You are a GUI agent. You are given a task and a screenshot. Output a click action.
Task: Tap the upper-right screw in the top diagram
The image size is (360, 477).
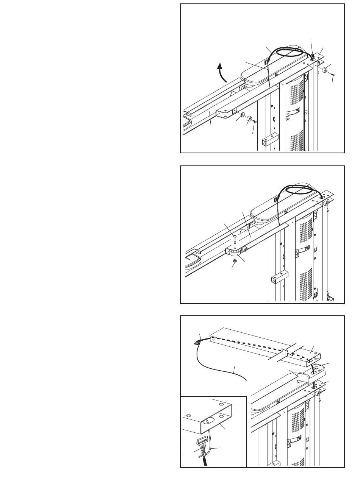[333, 76]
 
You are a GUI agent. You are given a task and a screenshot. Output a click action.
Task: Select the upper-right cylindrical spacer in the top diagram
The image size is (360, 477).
[325, 70]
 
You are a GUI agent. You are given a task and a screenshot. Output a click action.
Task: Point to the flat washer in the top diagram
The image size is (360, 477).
[242, 116]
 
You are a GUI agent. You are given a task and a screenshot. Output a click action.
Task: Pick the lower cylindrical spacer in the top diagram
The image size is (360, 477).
[249, 120]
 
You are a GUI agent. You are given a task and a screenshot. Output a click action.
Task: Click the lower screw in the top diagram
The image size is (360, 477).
[255, 122]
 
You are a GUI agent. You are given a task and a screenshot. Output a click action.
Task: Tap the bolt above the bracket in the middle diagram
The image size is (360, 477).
[235, 238]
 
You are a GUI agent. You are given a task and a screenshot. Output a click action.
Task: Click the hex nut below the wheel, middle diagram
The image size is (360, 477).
[234, 261]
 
